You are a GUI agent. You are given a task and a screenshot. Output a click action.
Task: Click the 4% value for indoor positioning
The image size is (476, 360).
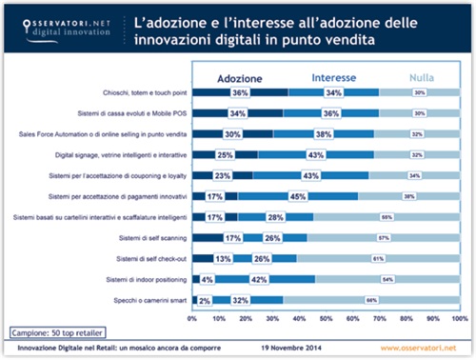[x=208, y=279]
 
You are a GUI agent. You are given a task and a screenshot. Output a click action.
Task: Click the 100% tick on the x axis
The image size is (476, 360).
[x=459, y=317]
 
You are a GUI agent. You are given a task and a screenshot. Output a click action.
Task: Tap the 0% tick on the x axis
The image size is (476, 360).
[x=194, y=317]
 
